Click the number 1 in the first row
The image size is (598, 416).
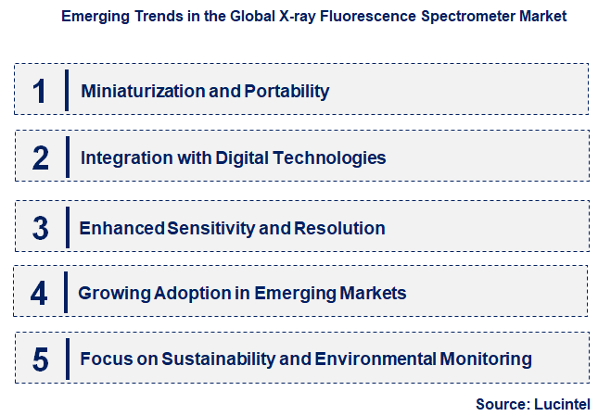pos(38,91)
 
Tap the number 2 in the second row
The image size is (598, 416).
pos(40,158)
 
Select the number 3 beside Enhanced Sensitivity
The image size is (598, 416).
pos(39,227)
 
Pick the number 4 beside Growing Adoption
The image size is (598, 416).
pos(38,294)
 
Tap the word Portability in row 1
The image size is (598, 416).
pos(286,91)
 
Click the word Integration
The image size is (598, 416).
pos(122,158)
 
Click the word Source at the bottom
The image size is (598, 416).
pos(501,403)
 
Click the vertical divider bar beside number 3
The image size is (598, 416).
pos(67,227)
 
